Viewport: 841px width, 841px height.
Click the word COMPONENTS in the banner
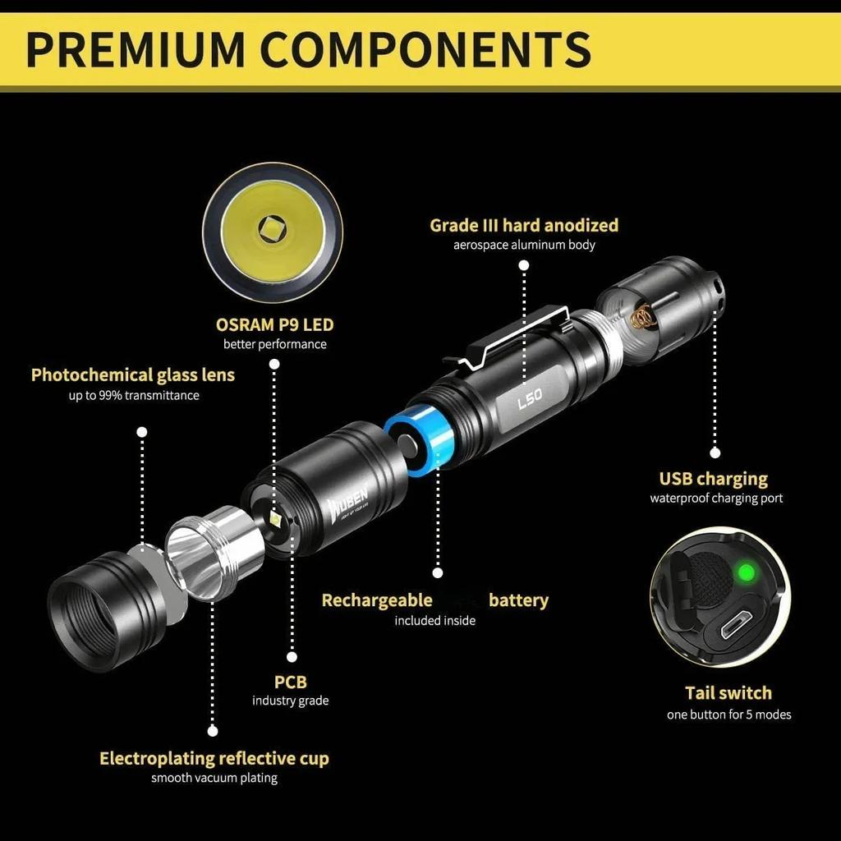point(426,50)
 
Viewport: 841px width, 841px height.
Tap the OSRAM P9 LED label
point(274,324)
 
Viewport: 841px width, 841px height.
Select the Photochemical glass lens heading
point(133,375)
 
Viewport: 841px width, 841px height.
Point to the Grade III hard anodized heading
point(524,225)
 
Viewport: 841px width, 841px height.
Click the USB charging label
point(714,479)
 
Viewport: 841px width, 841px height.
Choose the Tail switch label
point(728,693)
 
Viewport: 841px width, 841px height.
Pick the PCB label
point(291,682)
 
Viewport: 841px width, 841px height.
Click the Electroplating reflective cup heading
point(214,758)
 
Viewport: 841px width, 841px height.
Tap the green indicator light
point(744,572)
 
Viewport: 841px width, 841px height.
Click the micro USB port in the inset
point(735,625)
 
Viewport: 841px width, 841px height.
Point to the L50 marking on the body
point(530,398)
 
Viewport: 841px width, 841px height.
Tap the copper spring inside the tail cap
point(642,318)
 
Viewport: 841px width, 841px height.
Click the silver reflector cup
point(214,553)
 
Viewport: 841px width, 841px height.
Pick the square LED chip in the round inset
point(273,229)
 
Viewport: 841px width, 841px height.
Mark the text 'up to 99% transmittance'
point(134,395)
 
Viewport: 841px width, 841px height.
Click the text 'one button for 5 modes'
point(729,715)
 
